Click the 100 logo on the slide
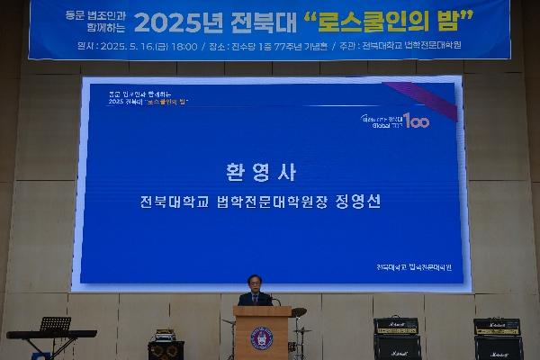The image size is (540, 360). click(416, 120)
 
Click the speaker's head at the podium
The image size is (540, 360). click(256, 283)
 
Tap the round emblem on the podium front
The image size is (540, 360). click(262, 338)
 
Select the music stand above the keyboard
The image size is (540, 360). click(55, 323)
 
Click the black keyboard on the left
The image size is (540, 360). click(51, 335)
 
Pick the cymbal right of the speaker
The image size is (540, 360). click(299, 312)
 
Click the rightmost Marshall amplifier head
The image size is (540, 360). click(497, 327)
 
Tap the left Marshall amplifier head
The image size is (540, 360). click(396, 327)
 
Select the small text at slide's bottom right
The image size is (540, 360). click(413, 267)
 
